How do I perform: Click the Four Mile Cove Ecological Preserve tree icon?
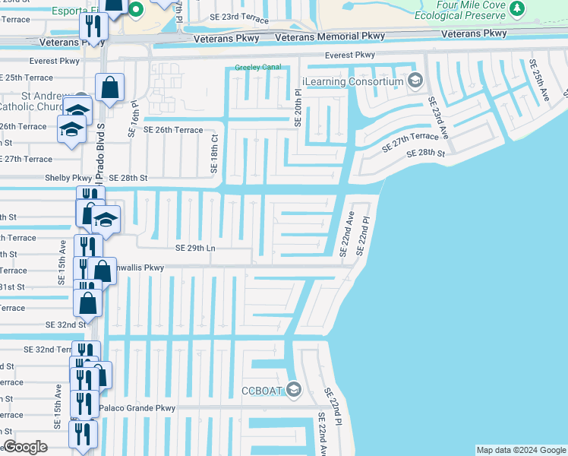(x=517, y=8)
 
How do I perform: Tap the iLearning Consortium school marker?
(x=415, y=81)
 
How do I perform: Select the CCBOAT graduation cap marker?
(x=294, y=391)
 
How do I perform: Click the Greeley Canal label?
(x=257, y=67)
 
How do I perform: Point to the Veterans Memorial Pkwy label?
(x=328, y=36)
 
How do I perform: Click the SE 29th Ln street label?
(x=196, y=248)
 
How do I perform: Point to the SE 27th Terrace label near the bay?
(x=410, y=141)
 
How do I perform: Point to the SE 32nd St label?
(x=65, y=325)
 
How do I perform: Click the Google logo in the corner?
(x=25, y=447)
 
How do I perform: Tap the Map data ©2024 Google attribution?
(x=520, y=450)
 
